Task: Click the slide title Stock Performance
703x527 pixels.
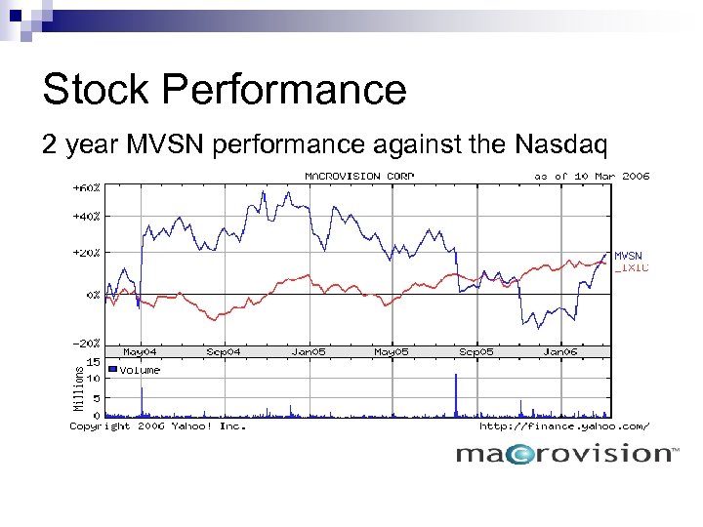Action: (x=224, y=90)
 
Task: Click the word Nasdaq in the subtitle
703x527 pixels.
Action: (x=558, y=145)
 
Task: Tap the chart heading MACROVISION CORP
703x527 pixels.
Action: (x=359, y=176)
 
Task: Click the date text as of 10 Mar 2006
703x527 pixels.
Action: (x=591, y=176)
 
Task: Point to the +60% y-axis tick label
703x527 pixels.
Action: (x=85, y=185)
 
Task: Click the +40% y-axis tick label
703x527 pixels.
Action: (x=85, y=216)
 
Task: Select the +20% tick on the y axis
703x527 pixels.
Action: (x=85, y=252)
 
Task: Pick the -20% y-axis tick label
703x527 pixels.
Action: (x=85, y=343)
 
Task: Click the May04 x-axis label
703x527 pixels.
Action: (x=140, y=351)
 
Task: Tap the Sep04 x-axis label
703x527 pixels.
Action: (x=224, y=351)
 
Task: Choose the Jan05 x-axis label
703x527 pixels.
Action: (x=309, y=351)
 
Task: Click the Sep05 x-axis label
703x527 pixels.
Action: (x=476, y=351)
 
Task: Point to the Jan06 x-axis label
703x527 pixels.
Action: (x=560, y=351)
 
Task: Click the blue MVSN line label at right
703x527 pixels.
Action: (x=629, y=256)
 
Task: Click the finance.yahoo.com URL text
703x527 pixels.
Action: (x=563, y=426)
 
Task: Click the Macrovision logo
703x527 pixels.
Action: (x=566, y=454)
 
